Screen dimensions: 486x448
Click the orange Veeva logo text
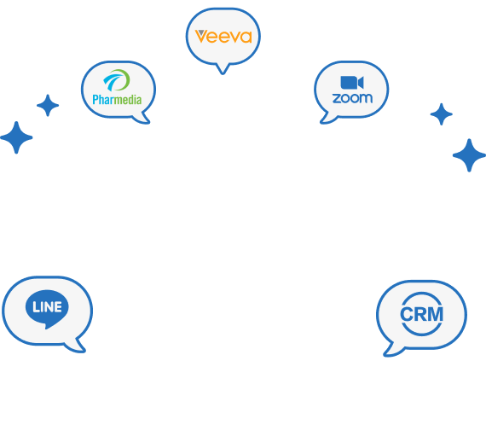[223, 37]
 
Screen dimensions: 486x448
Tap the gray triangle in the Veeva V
[201, 32]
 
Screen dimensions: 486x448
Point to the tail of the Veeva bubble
[223, 69]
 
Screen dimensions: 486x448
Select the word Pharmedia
[117, 100]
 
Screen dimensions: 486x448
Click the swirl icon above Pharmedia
[117, 80]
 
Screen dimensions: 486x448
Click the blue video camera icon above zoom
[352, 83]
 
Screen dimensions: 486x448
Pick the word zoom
[352, 98]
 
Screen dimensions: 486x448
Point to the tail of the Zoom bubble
[327, 119]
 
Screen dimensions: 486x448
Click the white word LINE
[47, 307]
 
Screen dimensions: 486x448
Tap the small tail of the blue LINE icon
[48, 326]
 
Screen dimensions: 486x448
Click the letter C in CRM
[406, 314]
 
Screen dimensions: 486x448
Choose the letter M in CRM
[436, 314]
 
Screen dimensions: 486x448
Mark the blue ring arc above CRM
[421, 295]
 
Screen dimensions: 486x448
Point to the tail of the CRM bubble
[393, 350]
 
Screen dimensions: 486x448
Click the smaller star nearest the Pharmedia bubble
[48, 106]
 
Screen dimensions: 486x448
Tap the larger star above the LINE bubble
[16, 137]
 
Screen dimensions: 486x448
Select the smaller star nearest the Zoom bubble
[442, 114]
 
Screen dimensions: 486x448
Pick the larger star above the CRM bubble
[469, 155]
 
